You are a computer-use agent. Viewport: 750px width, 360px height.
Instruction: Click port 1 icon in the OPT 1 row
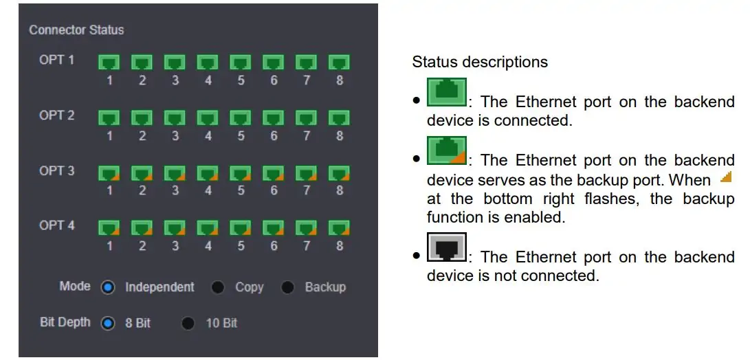point(109,63)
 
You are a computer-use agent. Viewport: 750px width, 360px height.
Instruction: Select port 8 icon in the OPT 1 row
point(339,63)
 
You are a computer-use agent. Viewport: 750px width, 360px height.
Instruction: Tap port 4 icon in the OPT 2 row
point(208,118)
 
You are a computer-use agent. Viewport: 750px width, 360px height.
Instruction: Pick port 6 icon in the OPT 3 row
point(273,173)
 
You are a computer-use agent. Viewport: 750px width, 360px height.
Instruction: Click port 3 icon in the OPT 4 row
point(175,228)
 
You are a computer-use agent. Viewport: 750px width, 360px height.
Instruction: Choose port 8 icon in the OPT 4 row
point(339,228)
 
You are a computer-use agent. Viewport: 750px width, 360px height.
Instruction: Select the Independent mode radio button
point(108,287)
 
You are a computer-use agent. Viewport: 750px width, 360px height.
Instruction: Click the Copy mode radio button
point(218,287)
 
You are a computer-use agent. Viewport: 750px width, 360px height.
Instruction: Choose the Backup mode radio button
point(287,287)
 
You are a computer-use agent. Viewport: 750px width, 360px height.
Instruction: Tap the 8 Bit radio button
point(108,323)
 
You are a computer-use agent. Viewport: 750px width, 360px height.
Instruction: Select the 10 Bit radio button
point(188,323)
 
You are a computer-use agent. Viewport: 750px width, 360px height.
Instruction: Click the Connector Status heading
point(76,30)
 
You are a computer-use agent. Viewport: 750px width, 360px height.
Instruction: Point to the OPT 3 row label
point(57,170)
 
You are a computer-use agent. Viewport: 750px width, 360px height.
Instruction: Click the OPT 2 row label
point(57,115)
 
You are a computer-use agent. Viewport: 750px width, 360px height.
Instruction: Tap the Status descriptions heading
point(480,62)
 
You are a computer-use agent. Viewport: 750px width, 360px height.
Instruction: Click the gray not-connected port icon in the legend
point(447,247)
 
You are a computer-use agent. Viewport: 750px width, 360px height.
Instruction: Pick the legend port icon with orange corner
point(447,150)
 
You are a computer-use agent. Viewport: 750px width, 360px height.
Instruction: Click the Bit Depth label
point(65,323)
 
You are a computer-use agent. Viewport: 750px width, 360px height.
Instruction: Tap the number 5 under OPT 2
point(241,136)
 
